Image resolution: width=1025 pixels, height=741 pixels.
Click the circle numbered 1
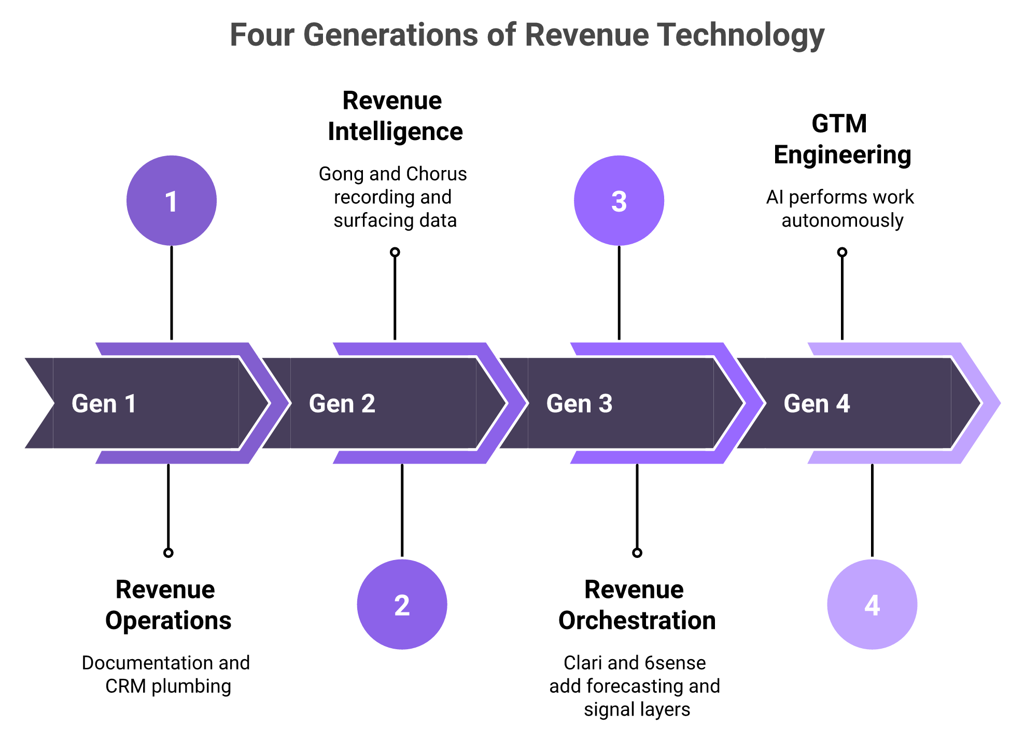click(172, 200)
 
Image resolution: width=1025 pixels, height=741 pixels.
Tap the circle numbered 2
click(402, 604)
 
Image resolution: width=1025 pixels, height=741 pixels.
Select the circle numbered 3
click(619, 200)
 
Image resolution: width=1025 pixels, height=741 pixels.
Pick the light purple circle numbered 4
click(872, 604)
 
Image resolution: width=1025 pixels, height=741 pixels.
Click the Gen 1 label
click(104, 403)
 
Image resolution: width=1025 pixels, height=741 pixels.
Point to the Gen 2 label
click(342, 403)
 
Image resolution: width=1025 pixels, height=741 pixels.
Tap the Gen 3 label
click(579, 403)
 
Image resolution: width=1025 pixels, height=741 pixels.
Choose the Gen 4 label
click(817, 403)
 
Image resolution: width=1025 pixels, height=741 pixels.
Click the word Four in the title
click(262, 35)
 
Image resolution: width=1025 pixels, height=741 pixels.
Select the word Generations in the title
click(390, 35)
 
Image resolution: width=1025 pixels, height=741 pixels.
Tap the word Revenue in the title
click(586, 35)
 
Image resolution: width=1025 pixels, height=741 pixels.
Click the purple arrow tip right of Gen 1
click(280, 403)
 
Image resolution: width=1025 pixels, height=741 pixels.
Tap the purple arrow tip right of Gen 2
click(517, 403)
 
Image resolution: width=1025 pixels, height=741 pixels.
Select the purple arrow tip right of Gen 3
click(755, 403)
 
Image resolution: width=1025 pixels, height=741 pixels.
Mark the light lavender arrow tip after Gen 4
click(992, 403)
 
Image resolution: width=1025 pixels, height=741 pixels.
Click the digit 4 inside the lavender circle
click(872, 605)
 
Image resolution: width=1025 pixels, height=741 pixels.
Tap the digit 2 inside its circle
click(402, 605)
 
